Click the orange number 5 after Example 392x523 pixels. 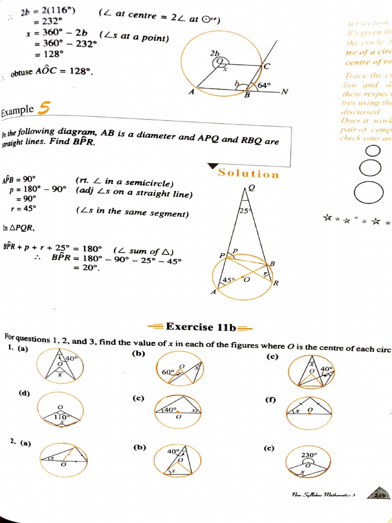(45, 108)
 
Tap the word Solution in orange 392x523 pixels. (249, 174)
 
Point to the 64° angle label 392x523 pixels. (264, 85)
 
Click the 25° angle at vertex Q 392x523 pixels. (243, 210)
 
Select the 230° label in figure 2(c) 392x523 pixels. (309, 455)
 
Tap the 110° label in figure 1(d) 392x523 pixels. (61, 417)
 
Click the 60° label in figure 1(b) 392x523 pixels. (168, 372)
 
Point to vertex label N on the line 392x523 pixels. (285, 92)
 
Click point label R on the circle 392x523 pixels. (275, 283)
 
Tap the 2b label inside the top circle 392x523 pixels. (214, 53)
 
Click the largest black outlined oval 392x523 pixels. (369, 193)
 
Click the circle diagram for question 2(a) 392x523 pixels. (64, 456)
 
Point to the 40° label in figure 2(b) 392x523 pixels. (174, 451)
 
